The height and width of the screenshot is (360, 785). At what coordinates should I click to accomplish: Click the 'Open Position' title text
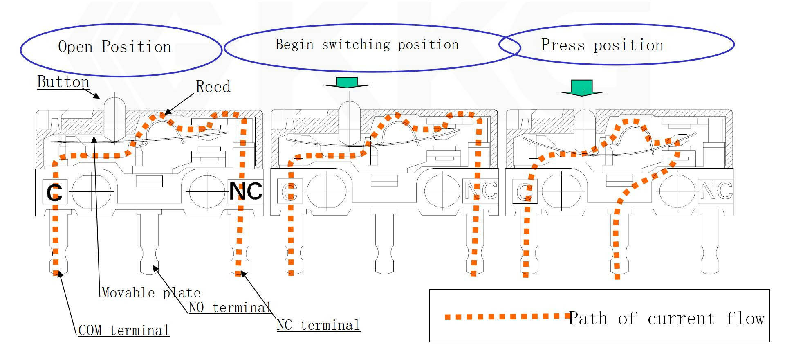click(114, 47)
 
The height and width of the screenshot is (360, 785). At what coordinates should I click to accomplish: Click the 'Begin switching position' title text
click(367, 45)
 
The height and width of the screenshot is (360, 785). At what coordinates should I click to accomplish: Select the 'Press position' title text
click(602, 45)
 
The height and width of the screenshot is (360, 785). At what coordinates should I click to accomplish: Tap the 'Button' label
click(63, 82)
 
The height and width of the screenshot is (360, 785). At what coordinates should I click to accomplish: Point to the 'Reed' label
click(213, 87)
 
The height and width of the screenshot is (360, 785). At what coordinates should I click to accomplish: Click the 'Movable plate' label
click(151, 293)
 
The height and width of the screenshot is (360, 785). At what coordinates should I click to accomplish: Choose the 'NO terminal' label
click(230, 307)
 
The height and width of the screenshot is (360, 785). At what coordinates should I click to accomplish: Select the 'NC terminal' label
click(318, 325)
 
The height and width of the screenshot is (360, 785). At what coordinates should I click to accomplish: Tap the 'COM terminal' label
click(123, 330)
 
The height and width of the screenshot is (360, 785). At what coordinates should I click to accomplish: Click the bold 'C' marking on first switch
click(54, 192)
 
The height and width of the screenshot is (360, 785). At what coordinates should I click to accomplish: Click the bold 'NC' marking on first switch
click(245, 191)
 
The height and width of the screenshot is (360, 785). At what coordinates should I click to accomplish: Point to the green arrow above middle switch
click(347, 82)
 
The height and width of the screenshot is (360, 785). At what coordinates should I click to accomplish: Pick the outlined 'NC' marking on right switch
click(715, 190)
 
